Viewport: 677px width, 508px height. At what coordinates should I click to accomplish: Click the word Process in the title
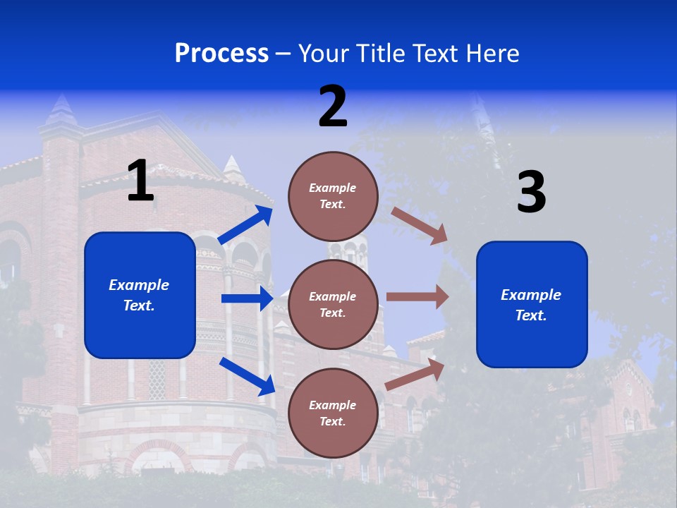pos(221,53)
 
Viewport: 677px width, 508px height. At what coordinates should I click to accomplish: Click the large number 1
pos(140,181)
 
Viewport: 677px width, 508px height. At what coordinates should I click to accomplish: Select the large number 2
pos(333,107)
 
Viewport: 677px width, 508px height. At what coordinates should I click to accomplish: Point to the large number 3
pos(531,193)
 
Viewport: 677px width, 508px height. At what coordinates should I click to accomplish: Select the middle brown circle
pos(333,304)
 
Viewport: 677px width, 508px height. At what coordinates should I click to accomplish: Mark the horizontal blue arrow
pos(247,298)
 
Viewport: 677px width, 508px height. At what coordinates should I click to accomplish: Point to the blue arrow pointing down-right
pos(247,375)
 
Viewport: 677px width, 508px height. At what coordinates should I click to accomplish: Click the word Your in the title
pos(322,53)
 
